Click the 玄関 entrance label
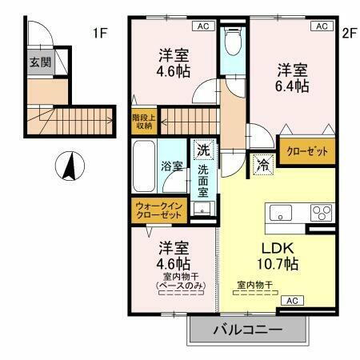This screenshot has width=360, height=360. point(38,62)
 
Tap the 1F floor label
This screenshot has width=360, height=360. point(99,33)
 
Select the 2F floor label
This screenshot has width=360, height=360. point(348,33)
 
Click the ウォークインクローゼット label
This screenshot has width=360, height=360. point(159,211)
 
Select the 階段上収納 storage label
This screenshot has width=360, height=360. point(144,121)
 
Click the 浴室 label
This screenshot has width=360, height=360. point(172,167)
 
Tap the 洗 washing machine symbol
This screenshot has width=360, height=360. point(203,150)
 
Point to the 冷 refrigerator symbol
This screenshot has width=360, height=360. point(262,165)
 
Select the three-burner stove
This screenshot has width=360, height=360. point(321,213)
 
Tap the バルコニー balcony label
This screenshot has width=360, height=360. point(246,330)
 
